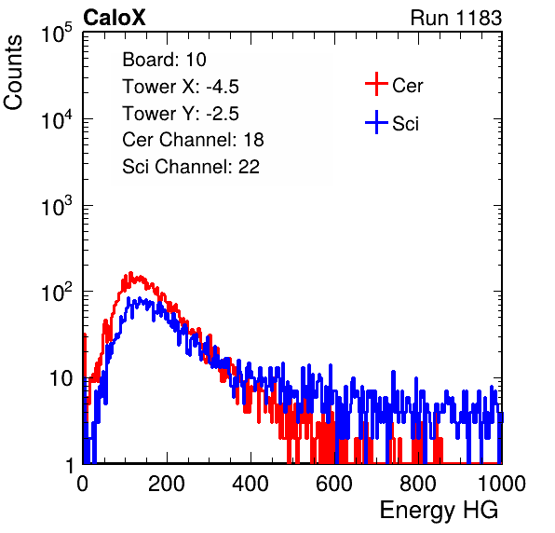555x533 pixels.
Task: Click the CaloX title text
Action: point(114,18)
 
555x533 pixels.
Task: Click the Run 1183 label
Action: point(456,18)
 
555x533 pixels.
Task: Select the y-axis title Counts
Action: point(13,73)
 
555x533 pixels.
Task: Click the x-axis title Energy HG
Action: point(439,511)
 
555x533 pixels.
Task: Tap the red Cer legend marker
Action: point(376,84)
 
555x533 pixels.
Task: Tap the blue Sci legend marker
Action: point(376,123)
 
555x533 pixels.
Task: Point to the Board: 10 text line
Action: point(164,60)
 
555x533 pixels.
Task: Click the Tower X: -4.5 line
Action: point(181,87)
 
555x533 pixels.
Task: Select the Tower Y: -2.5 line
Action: point(181,114)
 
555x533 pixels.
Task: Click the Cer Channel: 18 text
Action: point(194,140)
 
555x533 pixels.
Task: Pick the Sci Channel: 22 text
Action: point(191,167)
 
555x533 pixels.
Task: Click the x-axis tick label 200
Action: point(167,484)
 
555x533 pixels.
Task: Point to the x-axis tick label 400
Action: point(250,484)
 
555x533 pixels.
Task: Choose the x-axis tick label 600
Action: point(334,484)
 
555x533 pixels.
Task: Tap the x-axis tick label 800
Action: point(418,484)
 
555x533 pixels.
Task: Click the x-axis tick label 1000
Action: point(502,484)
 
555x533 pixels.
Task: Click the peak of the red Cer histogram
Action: point(130,273)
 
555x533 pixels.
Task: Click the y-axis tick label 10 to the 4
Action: point(57,119)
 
